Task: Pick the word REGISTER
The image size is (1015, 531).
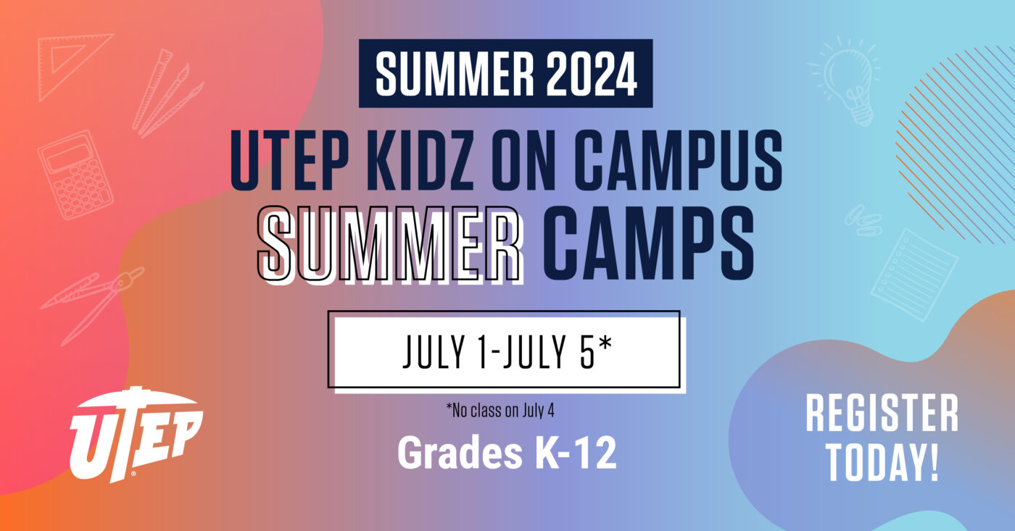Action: pyautogui.click(x=882, y=415)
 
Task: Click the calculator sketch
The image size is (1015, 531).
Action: pyautogui.click(x=75, y=175)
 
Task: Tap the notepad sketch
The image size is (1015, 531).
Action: pyautogui.click(x=913, y=274)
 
